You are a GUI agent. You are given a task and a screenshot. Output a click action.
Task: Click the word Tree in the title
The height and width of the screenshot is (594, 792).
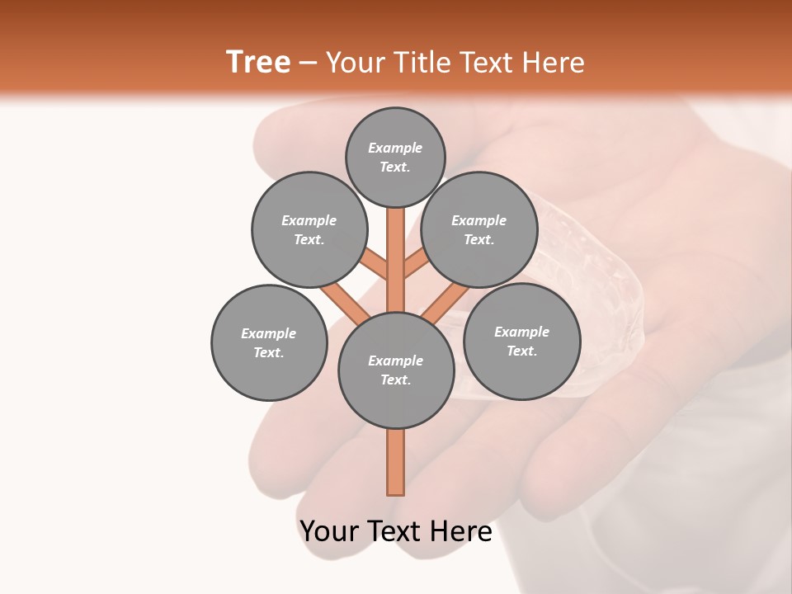point(258,63)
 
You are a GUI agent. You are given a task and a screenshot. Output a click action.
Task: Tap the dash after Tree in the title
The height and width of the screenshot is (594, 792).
point(308,64)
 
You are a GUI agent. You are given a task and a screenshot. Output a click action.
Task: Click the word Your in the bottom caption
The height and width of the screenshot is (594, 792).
point(329,531)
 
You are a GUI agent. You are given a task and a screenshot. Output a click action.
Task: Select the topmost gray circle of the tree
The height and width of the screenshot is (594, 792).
point(395,157)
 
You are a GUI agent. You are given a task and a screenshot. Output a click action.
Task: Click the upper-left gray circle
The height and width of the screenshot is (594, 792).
point(309,229)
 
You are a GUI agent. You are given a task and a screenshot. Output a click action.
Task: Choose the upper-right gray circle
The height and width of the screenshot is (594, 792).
point(479,229)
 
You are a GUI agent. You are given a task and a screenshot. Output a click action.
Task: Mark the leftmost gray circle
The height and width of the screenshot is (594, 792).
point(269,342)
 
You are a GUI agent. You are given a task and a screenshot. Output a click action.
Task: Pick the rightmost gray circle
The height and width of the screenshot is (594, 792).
point(521,341)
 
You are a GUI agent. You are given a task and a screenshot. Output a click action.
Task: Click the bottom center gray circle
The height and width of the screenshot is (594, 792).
point(396,370)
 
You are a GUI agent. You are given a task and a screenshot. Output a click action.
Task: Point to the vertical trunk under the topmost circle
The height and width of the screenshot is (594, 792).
point(396,247)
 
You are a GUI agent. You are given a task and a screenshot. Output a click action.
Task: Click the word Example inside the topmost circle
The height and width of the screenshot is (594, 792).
point(395,148)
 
